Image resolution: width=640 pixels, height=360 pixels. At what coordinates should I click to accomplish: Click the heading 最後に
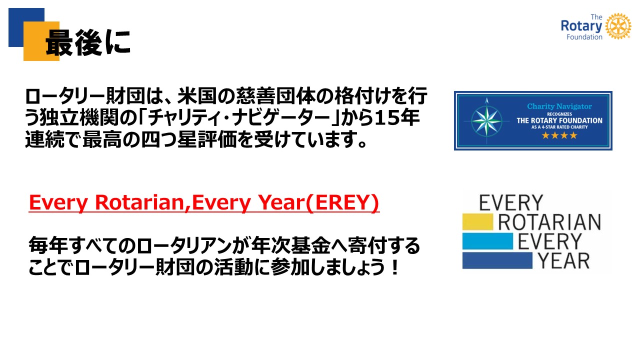(x=88, y=42)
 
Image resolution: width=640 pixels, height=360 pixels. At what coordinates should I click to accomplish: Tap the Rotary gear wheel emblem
(x=618, y=26)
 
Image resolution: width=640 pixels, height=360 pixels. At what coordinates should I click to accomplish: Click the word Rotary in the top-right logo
(x=581, y=26)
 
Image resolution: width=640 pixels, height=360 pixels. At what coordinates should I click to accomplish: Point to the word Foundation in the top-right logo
(x=584, y=37)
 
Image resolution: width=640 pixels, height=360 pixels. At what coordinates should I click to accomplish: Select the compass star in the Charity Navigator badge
(x=486, y=121)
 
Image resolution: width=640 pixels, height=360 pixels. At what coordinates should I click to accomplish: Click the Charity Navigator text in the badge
(x=559, y=106)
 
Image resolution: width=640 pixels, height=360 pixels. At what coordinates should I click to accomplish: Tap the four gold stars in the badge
(x=559, y=135)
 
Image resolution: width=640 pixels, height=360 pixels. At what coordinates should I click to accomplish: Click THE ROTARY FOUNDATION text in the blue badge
(x=559, y=120)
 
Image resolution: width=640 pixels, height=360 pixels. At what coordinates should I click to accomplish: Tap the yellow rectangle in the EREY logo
(x=477, y=221)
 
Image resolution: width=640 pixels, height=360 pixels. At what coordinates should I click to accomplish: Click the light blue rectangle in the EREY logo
(x=487, y=241)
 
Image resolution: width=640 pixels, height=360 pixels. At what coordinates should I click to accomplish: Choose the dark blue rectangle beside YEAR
(x=497, y=260)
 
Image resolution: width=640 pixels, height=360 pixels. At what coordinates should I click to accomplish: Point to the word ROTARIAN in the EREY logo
(x=549, y=222)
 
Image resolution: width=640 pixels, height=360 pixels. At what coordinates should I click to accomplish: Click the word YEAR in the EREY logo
(x=563, y=261)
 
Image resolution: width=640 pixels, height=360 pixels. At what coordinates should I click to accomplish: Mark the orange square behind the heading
(x=41, y=41)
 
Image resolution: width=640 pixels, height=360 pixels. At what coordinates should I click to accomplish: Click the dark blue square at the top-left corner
(x=26, y=27)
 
